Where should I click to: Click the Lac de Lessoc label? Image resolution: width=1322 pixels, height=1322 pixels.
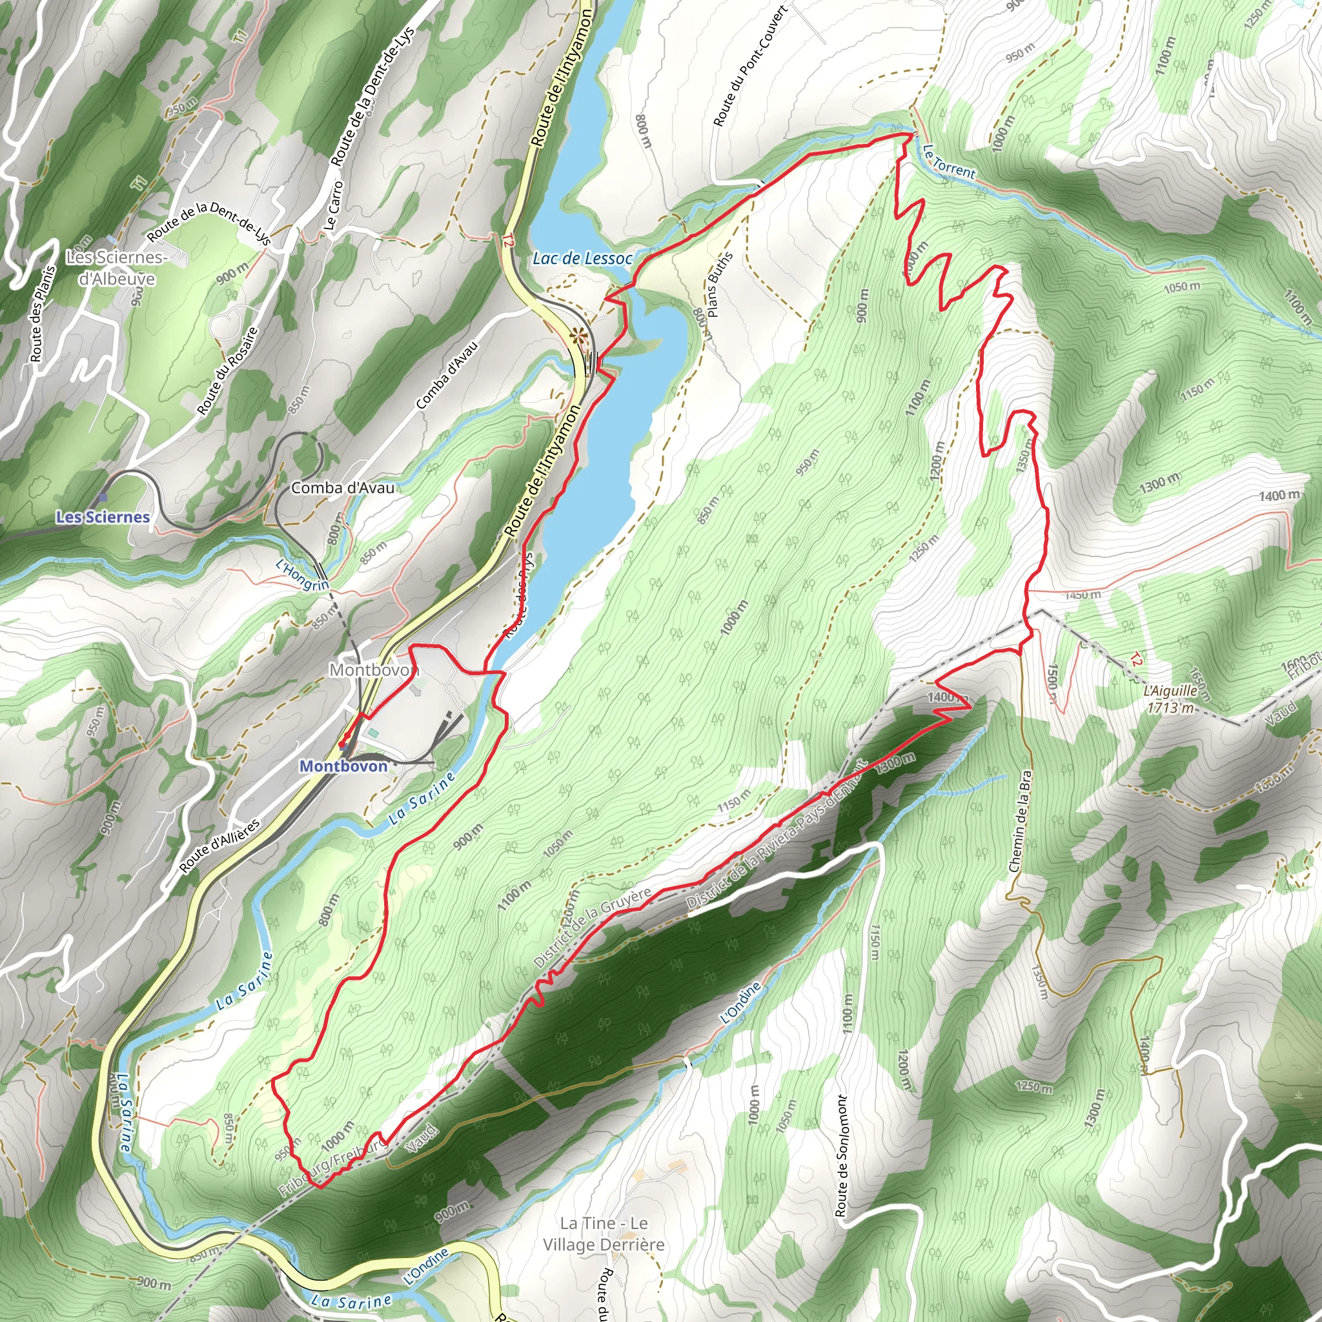pyautogui.click(x=582, y=259)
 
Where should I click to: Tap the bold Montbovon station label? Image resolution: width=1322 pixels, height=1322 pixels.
pyautogui.click(x=343, y=766)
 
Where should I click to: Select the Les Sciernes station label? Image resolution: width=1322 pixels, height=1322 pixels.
pyautogui.click(x=103, y=516)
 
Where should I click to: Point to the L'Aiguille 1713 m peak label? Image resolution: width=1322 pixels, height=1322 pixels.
pyautogui.click(x=1171, y=698)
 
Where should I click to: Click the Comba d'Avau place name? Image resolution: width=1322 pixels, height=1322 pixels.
pyautogui.click(x=343, y=488)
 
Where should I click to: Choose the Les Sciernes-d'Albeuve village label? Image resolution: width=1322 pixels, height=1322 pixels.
pyautogui.click(x=116, y=267)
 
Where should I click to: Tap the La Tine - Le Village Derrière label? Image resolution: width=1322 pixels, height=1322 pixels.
pyautogui.click(x=604, y=1233)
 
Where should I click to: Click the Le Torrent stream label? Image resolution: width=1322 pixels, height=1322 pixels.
pyautogui.click(x=949, y=161)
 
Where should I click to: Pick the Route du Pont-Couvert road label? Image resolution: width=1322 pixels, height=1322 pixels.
pyautogui.click(x=750, y=66)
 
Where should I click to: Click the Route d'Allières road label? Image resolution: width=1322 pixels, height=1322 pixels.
pyautogui.click(x=219, y=846)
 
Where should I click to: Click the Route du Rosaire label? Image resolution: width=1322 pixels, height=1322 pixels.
pyautogui.click(x=228, y=371)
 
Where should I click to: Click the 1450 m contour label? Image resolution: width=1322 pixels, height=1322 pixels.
pyautogui.click(x=1082, y=595)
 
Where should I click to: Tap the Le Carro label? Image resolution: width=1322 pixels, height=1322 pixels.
pyautogui.click(x=334, y=205)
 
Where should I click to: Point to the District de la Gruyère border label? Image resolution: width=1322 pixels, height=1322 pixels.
pyautogui.click(x=593, y=928)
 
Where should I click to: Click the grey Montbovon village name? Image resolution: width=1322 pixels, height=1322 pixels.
pyautogui.click(x=374, y=669)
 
